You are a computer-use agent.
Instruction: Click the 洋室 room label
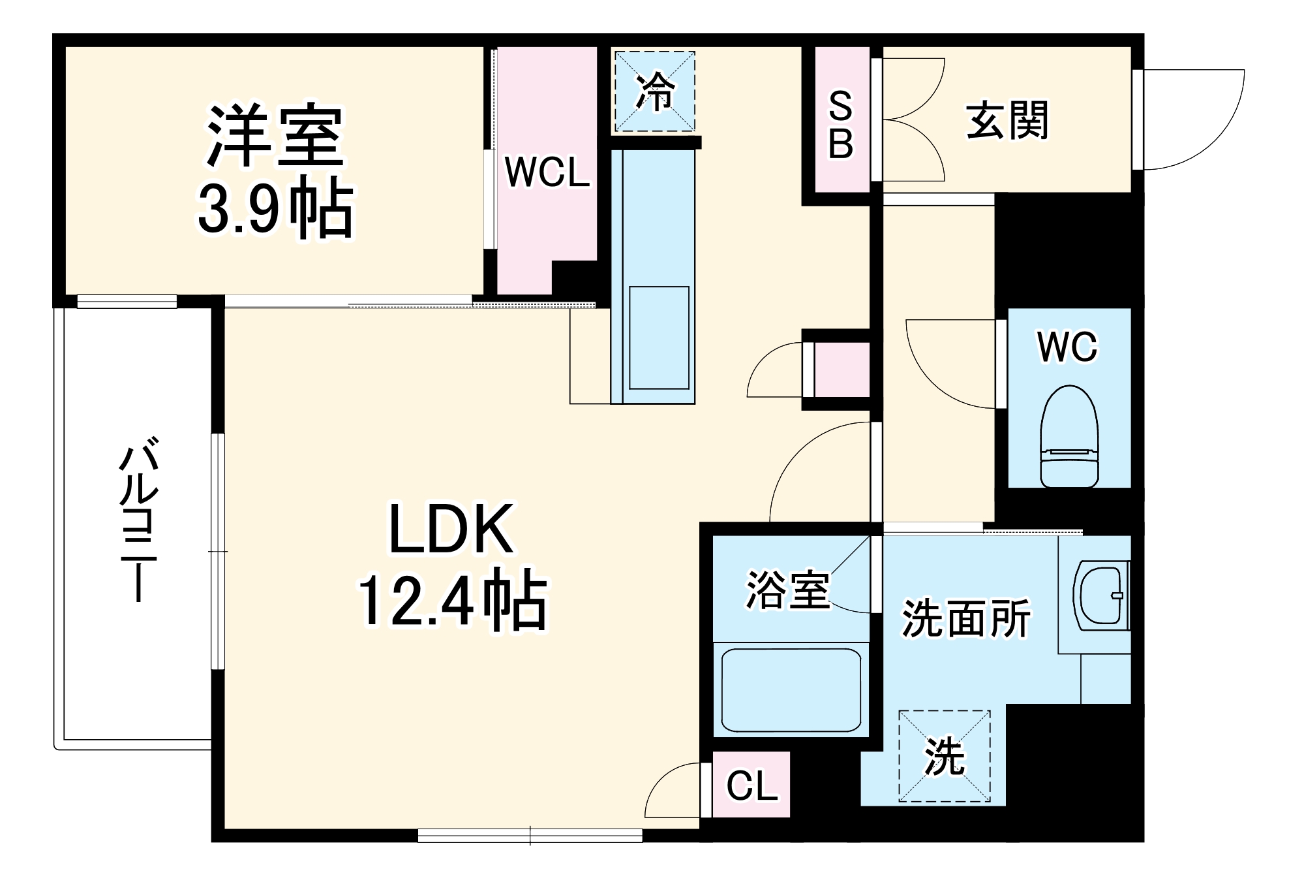click(275, 135)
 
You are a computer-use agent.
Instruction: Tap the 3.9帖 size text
click(275, 208)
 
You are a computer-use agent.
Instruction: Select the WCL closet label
click(547, 174)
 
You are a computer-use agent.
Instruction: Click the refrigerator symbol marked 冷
click(654, 92)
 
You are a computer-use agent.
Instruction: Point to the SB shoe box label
click(841, 125)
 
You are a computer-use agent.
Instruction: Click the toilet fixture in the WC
click(1069, 436)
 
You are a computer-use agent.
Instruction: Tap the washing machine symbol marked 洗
click(945, 756)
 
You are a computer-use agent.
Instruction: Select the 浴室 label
click(788, 590)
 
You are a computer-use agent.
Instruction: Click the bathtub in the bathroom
click(791, 690)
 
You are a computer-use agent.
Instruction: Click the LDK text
click(451, 529)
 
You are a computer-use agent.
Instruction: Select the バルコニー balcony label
click(138, 522)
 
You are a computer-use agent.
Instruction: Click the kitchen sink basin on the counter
click(658, 337)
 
